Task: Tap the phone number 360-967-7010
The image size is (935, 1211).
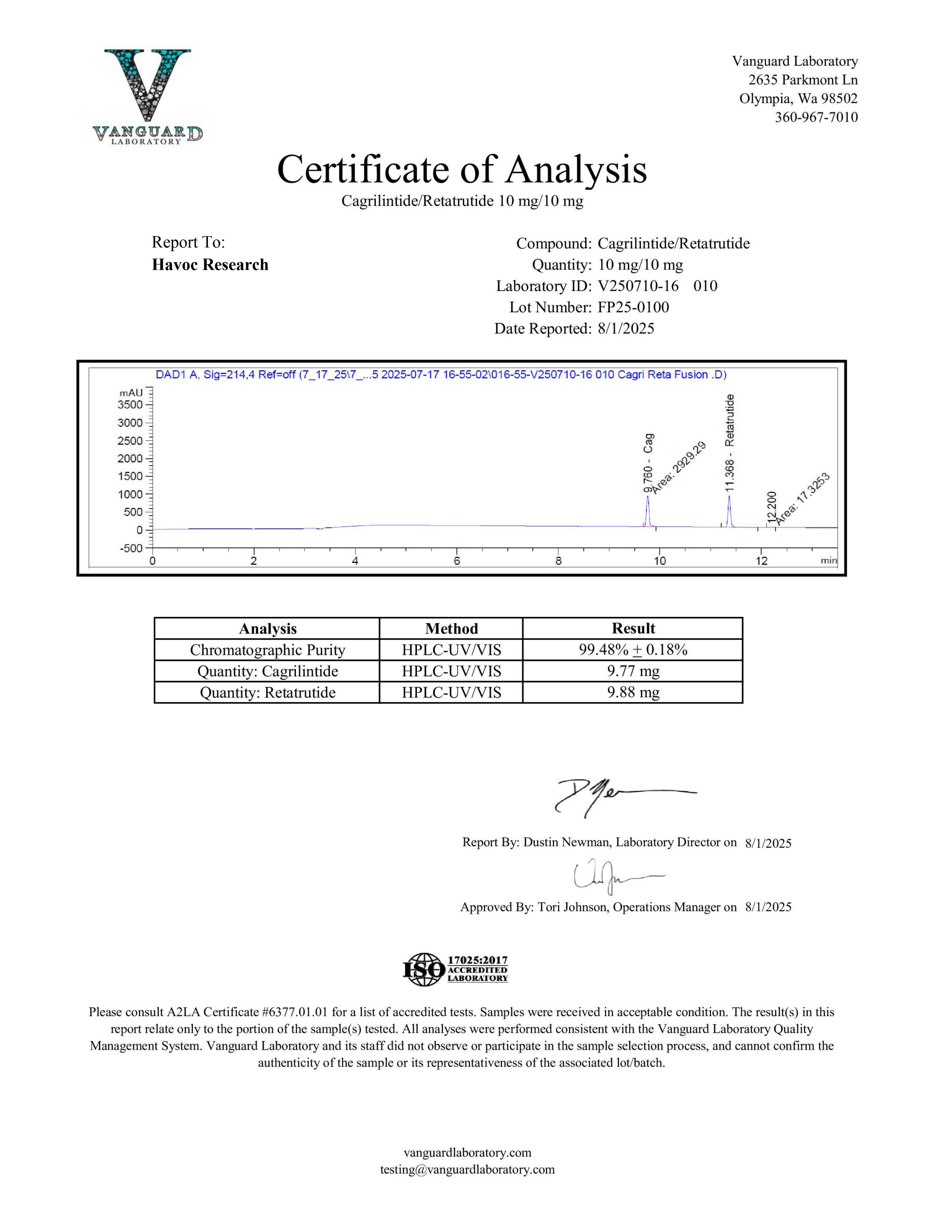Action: pos(816,117)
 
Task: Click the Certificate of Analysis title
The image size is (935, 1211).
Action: pos(462,169)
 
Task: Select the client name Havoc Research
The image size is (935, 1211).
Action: pos(210,264)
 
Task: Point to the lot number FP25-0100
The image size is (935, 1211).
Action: pos(633,307)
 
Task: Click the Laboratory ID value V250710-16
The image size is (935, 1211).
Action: pos(638,286)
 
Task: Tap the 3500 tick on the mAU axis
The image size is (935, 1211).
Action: pos(130,404)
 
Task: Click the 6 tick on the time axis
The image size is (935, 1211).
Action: pos(457,560)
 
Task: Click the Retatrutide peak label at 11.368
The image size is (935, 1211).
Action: pos(729,442)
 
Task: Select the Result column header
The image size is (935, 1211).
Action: pos(632,628)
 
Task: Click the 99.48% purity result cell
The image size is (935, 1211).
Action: pos(632,650)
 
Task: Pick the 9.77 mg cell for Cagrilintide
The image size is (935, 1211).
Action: pos(632,671)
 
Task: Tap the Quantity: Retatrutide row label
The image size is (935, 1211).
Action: pos(267,693)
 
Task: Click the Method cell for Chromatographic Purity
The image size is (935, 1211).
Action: pos(451,650)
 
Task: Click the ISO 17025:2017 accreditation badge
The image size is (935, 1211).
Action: pos(455,969)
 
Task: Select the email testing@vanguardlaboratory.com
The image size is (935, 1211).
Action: pos(467,1169)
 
